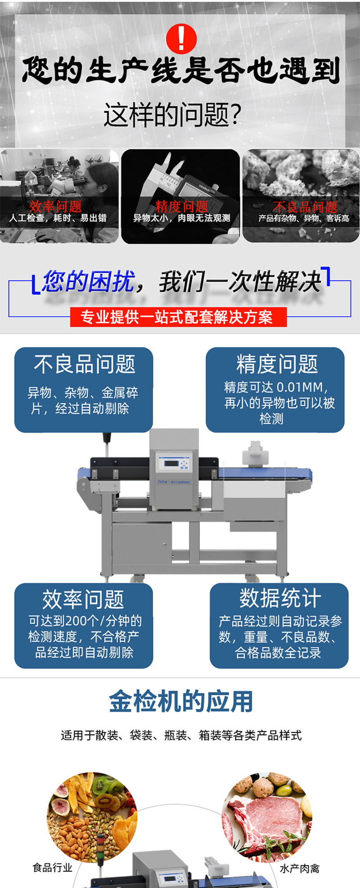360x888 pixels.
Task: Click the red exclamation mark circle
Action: tap(181, 39)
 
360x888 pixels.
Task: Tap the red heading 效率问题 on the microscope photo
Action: tap(55, 207)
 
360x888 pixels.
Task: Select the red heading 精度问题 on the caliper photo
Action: tap(181, 207)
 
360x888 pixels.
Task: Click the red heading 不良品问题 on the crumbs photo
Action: tap(305, 207)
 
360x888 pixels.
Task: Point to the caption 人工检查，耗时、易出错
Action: tap(58, 218)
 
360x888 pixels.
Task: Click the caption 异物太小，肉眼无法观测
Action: tap(181, 218)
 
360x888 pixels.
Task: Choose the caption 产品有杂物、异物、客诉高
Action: tap(303, 219)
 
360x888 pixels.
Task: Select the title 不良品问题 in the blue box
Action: tap(85, 364)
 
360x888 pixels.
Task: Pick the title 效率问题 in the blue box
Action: tap(83, 600)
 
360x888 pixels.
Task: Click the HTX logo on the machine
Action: tap(162, 482)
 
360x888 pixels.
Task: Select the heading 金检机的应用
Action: tap(181, 702)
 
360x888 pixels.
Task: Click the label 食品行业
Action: tap(52, 867)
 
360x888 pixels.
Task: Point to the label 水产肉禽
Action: tap(300, 868)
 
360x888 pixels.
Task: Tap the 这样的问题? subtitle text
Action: tap(173, 115)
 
